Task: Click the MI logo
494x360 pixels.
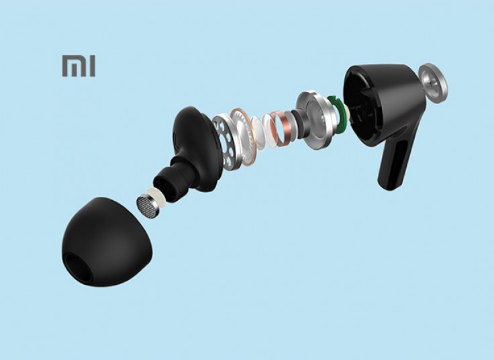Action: pos(79,66)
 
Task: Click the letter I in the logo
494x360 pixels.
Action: pos(92,66)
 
